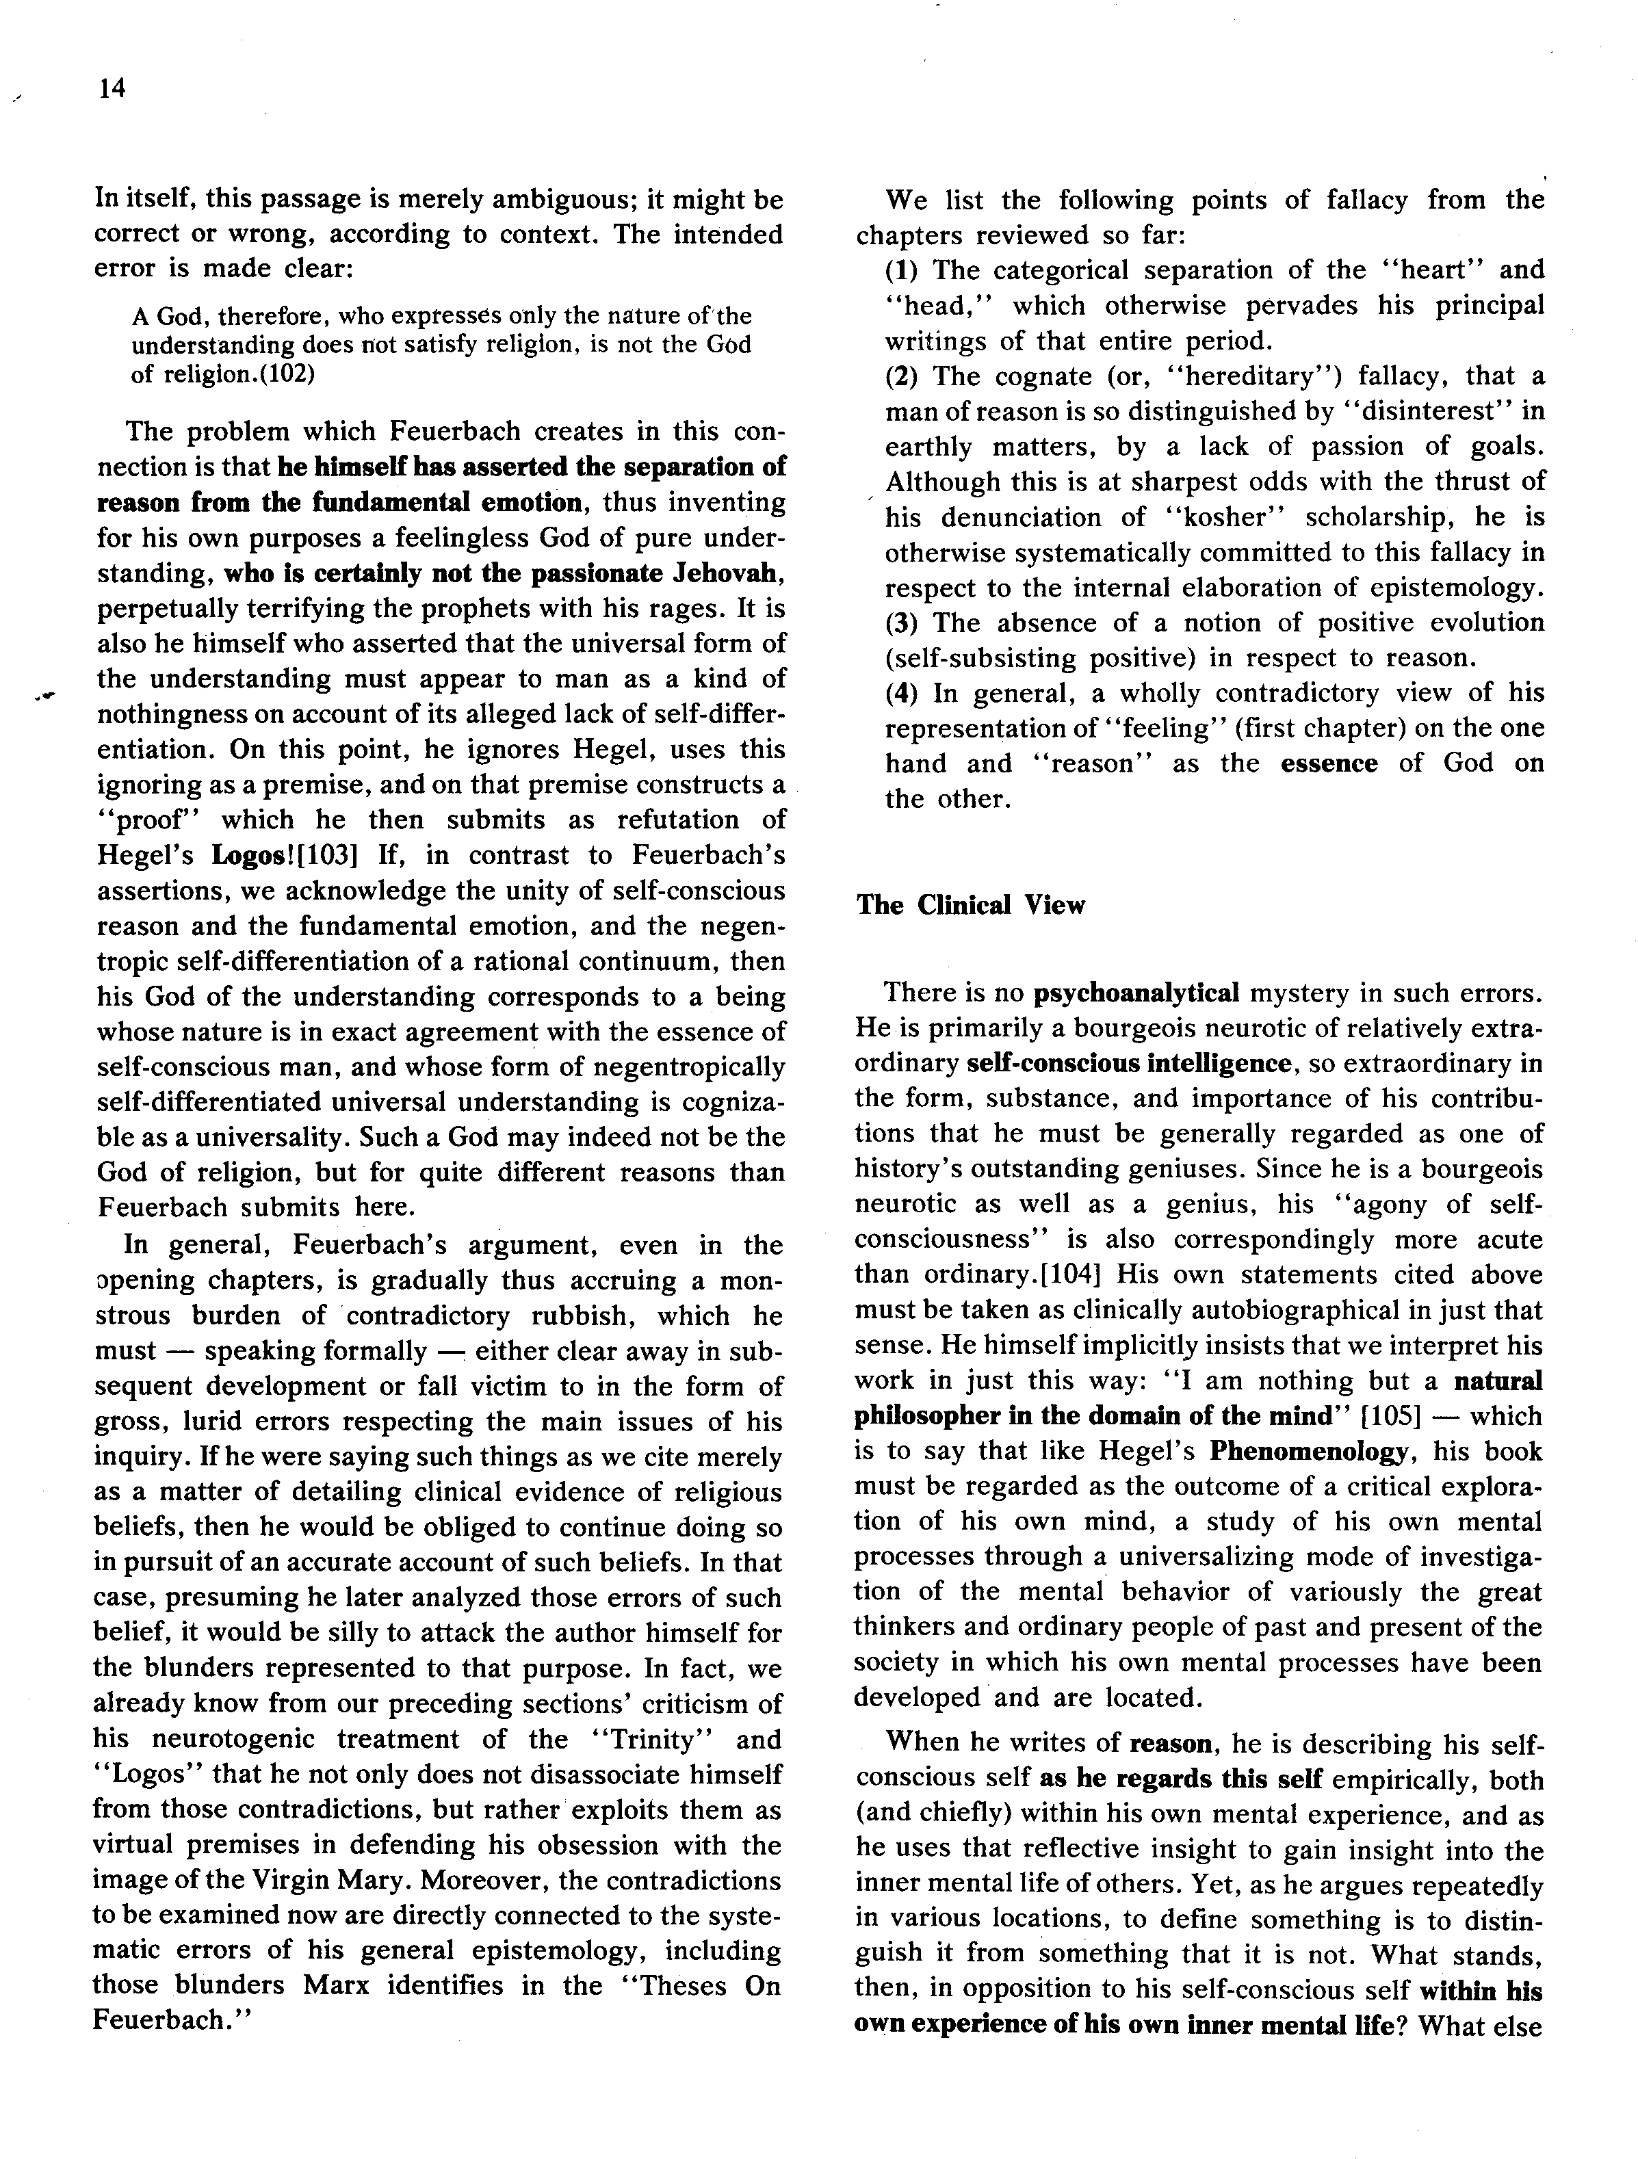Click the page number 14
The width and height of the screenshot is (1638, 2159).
[x=112, y=89]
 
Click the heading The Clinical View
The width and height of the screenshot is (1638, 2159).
[x=970, y=905]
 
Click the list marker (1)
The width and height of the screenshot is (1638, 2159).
[x=904, y=270]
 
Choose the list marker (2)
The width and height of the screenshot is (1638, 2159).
[x=904, y=376]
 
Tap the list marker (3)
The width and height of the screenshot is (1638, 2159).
[x=904, y=623]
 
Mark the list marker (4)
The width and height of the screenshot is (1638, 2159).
[x=904, y=693]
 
